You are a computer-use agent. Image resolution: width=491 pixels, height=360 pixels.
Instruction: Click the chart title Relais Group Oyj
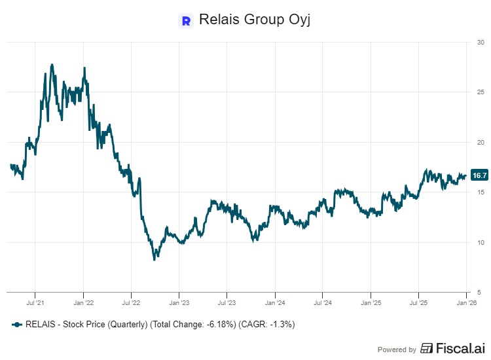253,20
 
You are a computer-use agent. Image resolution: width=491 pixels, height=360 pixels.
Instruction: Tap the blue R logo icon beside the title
186,20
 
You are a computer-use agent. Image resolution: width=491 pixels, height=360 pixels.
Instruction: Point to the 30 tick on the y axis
481,43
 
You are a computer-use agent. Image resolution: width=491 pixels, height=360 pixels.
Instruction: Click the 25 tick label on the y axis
481,92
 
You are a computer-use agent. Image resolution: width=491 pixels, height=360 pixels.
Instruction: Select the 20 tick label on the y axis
481,142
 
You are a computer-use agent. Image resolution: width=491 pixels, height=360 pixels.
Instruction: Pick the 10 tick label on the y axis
481,242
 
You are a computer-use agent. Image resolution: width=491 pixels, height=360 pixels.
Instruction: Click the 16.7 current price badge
479,175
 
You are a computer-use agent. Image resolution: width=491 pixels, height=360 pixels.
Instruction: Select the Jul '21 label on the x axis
35,303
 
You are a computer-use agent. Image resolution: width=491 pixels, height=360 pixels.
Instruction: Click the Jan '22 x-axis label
83,303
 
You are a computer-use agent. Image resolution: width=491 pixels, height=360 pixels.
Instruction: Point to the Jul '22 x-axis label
131,303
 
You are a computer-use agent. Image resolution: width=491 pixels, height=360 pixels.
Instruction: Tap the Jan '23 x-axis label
179,303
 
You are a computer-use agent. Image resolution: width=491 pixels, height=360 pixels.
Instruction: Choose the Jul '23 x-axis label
227,303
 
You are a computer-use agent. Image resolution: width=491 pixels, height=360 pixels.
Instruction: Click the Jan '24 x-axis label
275,303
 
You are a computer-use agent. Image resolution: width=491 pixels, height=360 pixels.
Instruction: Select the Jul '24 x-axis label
322,303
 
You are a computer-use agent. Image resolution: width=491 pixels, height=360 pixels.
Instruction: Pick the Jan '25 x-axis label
371,303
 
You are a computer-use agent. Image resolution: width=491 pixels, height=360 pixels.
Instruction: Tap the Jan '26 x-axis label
465,303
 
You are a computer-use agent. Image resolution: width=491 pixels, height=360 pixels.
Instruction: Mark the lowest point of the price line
154,260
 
